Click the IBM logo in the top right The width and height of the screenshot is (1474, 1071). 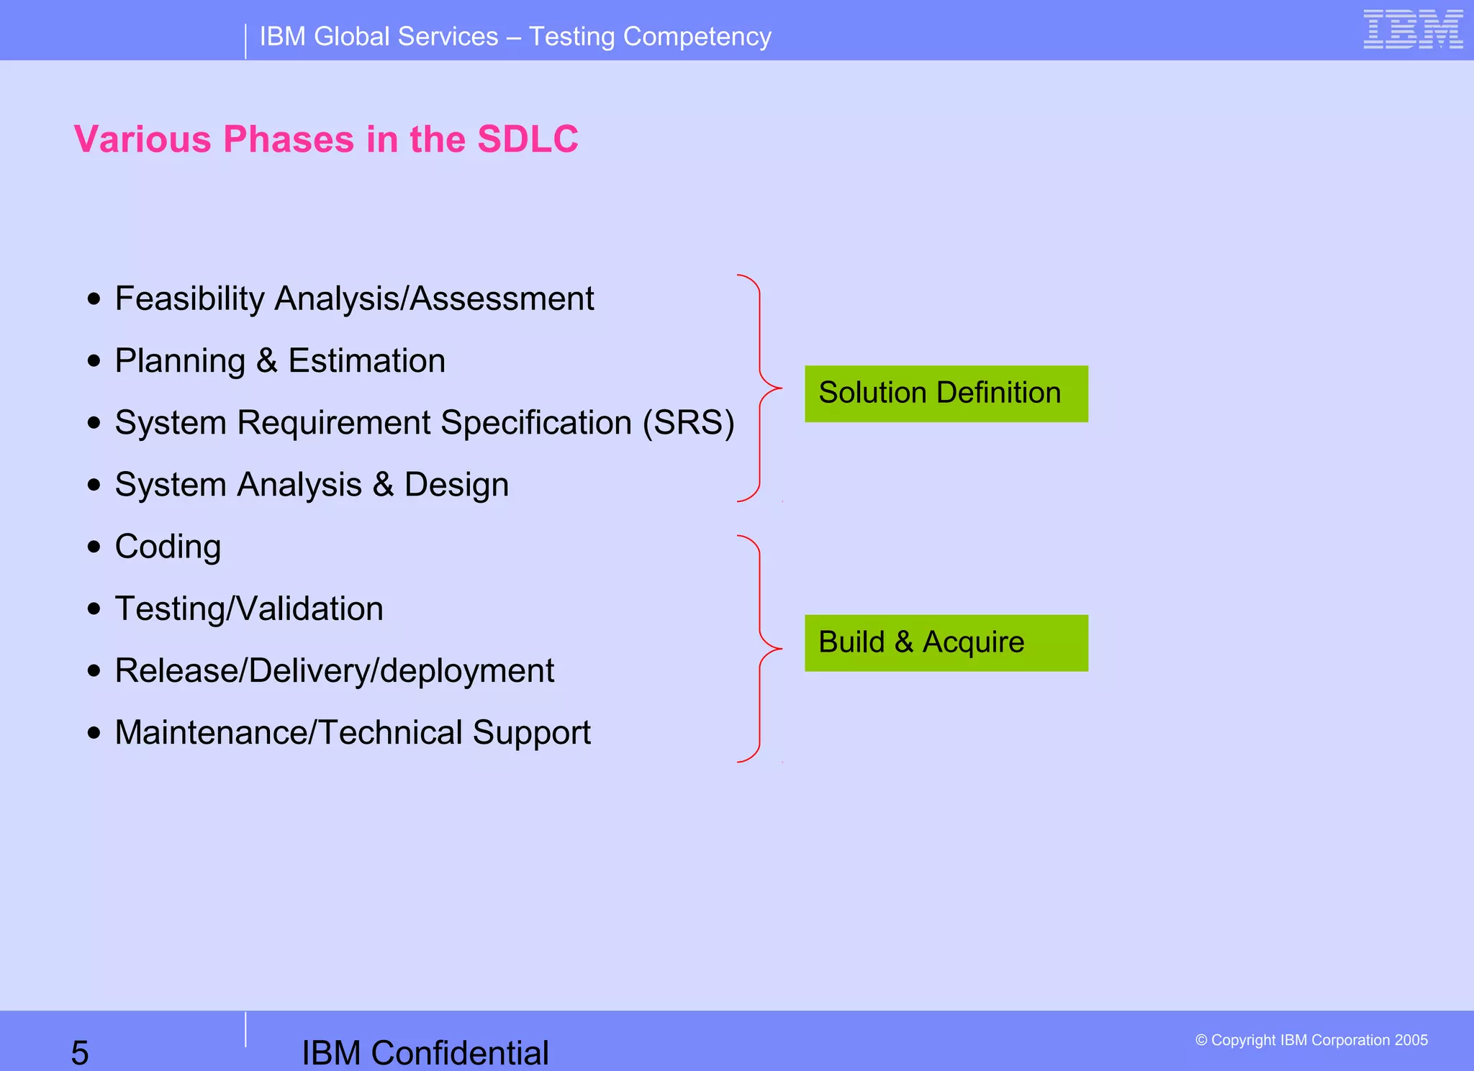tap(1413, 29)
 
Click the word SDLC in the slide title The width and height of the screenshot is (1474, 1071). tap(528, 140)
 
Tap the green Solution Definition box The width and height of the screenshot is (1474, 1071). tap(946, 393)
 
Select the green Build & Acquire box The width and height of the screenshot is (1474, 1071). tap(946, 642)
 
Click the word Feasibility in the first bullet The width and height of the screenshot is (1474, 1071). tap(190, 298)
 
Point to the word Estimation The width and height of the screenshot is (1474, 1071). tap(366, 360)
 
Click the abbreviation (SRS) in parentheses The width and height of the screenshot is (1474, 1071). tap(688, 422)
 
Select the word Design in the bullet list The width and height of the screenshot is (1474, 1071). tap(456, 485)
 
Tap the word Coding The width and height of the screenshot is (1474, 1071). tap(168, 547)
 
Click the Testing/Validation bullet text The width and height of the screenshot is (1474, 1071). tap(249, 609)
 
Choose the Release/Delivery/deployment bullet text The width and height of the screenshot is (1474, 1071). tap(334, 670)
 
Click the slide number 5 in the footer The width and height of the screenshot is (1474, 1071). tap(80, 1052)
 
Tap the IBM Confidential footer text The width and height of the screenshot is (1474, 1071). tap(425, 1052)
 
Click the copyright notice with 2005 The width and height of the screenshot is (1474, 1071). tap(1311, 1040)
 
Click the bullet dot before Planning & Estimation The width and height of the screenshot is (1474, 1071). tap(94, 360)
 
